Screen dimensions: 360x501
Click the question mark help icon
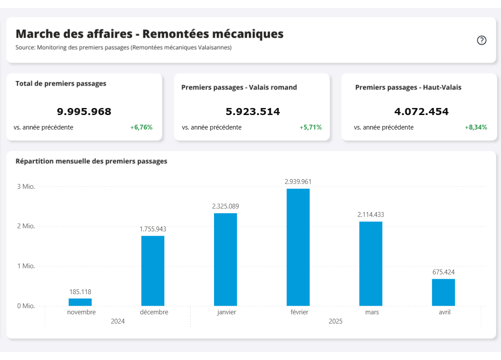481,40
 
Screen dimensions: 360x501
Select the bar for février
298,247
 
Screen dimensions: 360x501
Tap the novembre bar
80,302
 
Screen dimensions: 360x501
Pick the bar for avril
443,292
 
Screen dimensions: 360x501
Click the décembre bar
153,270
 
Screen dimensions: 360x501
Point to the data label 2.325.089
225,206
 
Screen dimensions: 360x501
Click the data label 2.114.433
371,215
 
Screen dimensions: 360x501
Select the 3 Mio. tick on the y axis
26,187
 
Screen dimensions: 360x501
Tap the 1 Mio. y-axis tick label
26,266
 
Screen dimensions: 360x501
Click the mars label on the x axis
372,312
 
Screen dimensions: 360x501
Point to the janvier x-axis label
226,312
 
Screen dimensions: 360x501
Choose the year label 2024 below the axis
118,321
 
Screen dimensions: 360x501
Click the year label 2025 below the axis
336,321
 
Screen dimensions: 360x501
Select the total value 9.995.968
84,112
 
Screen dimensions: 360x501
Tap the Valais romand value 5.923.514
253,112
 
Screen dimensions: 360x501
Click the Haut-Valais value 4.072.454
421,112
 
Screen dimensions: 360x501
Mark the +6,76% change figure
141,127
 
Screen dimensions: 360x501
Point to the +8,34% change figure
476,127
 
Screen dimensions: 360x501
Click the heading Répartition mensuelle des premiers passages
91,161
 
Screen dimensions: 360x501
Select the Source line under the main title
123,47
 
